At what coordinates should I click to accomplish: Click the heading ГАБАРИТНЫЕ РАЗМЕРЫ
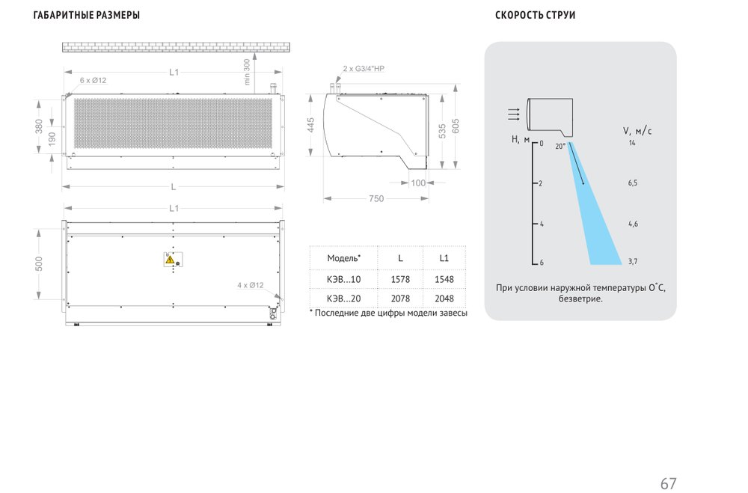[x=86, y=15]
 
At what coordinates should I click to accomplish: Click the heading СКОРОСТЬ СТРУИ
[x=535, y=15]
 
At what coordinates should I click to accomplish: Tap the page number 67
[x=668, y=483]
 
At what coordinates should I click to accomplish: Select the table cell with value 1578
[x=399, y=279]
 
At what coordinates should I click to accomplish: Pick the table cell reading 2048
[x=444, y=298]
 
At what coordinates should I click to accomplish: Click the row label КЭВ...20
[x=343, y=298]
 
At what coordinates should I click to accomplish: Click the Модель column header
[x=343, y=258]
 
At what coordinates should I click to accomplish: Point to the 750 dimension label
[x=376, y=198]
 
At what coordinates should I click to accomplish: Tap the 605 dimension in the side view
[x=456, y=126]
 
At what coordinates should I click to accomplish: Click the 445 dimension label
[x=310, y=125]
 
